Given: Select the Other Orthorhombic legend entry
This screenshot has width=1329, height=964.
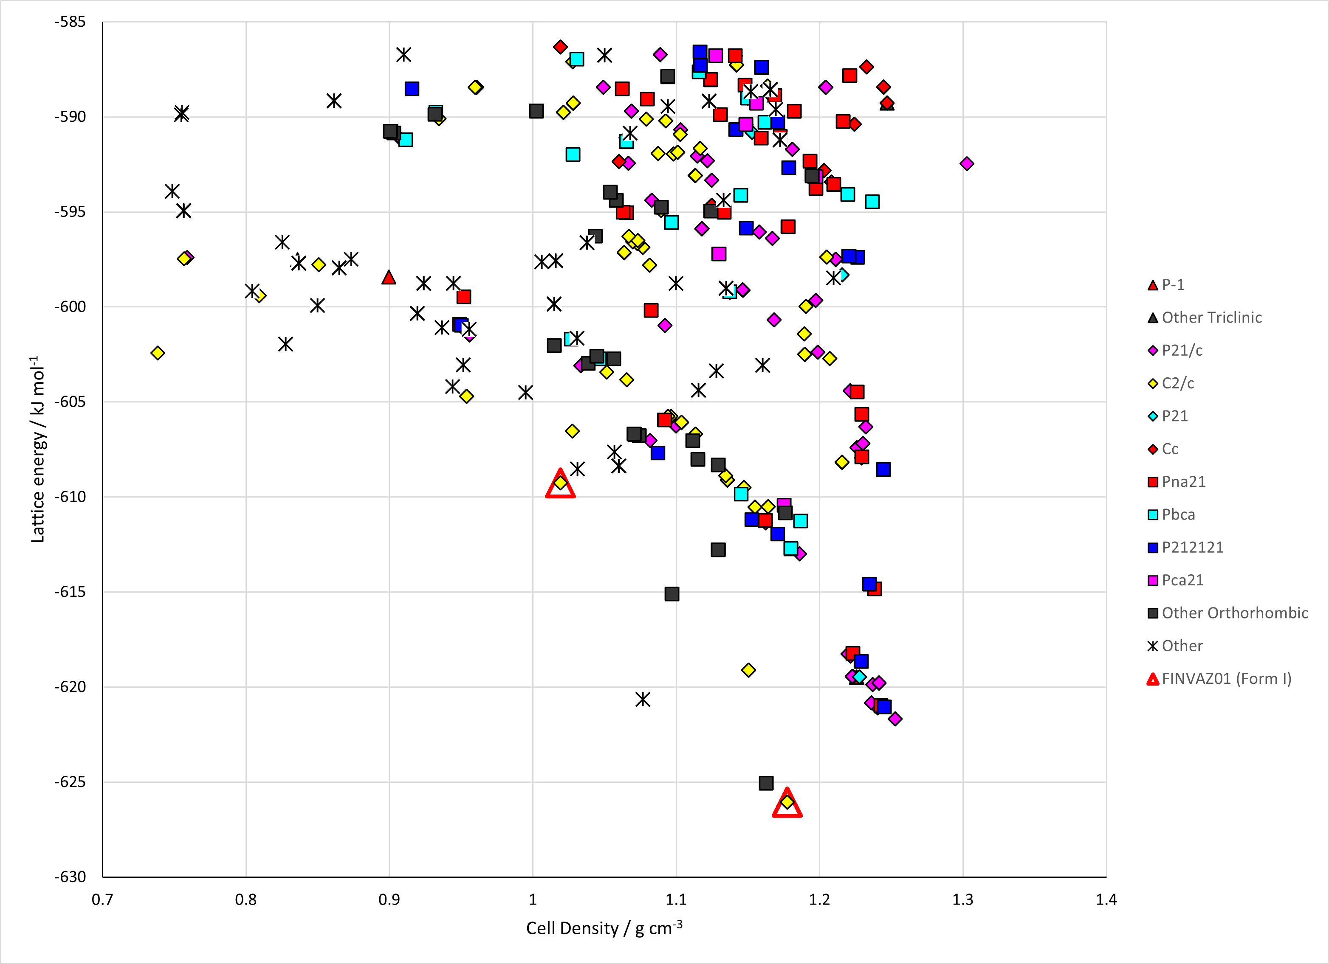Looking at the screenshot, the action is click(x=1227, y=613).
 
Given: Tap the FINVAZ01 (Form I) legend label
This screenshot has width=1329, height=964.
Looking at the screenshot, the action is click(x=1219, y=679).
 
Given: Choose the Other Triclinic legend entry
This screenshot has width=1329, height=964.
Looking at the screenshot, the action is click(x=1204, y=318).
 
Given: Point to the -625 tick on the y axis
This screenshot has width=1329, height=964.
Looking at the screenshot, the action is click(x=71, y=782).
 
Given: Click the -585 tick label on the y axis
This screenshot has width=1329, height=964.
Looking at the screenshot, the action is click(x=71, y=22).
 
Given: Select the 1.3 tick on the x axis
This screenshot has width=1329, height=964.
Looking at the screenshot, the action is click(x=963, y=899).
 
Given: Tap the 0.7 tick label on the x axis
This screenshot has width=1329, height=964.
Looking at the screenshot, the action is click(x=102, y=899).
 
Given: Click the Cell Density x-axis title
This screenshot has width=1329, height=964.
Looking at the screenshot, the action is click(x=604, y=927).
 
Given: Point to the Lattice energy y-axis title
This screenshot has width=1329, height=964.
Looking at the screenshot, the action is click(x=37, y=449).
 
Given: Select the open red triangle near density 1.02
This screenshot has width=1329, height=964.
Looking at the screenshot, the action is click(x=560, y=484).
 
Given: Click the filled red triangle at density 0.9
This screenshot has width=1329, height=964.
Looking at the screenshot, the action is click(x=389, y=277).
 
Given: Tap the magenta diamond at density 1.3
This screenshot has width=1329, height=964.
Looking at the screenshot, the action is click(x=967, y=163).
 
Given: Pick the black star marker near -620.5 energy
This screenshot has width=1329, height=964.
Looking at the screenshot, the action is click(x=643, y=699).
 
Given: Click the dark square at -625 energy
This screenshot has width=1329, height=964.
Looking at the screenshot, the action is click(x=766, y=783).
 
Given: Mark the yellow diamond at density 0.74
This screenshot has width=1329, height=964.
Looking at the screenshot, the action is click(x=158, y=353).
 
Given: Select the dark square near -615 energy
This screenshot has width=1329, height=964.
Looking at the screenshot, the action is click(x=672, y=594).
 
